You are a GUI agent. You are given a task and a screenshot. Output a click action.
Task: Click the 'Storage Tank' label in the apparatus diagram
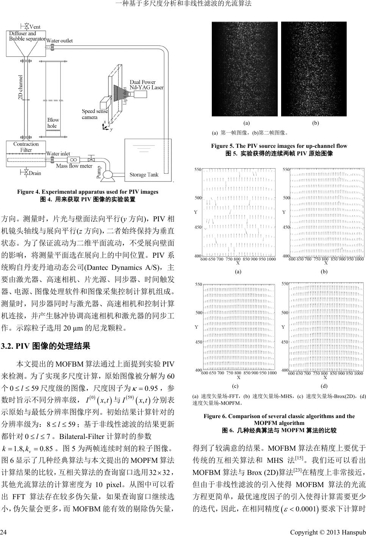pyautogui.click(x=144, y=174)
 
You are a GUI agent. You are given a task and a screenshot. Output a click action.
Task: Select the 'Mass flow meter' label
pyautogui.click(x=74, y=166)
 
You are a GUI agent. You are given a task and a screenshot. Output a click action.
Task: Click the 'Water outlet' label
pyautogui.click(x=59, y=41)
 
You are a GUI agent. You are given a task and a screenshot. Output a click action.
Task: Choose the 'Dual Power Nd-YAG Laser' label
pyautogui.click(x=147, y=85)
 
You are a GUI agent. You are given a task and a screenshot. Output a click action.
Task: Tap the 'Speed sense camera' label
pyautogui.click(x=95, y=114)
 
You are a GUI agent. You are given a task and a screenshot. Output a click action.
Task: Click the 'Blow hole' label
pyautogui.click(x=53, y=123)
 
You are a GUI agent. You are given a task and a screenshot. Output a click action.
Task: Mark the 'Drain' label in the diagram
pyautogui.click(x=35, y=173)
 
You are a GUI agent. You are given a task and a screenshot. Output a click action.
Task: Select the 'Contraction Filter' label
pyautogui.click(x=26, y=147)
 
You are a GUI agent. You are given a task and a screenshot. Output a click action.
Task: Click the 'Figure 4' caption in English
pyautogui.click(x=88, y=192)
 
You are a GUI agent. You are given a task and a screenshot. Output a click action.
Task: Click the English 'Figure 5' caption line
pyautogui.click(x=279, y=146)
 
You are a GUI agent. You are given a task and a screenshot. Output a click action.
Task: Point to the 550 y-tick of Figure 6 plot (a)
pyautogui.click(x=198, y=169)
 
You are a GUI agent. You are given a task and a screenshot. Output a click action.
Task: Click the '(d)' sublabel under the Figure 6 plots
pyautogui.click(x=324, y=386)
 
